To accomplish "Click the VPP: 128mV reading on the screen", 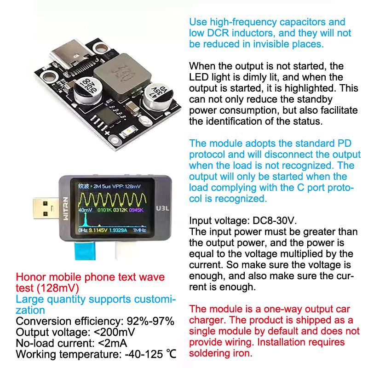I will coord(128,187).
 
